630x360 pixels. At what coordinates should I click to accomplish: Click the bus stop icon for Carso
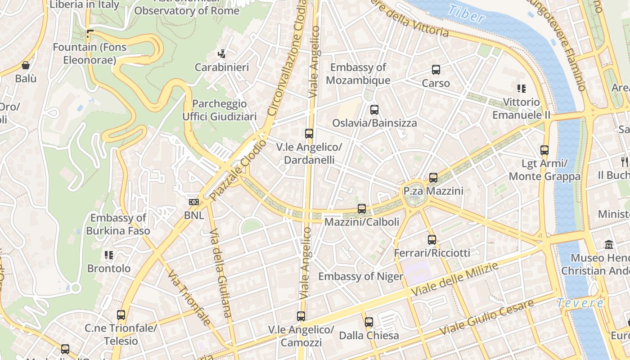[x=436, y=70]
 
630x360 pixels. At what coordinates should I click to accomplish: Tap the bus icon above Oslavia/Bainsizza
[x=374, y=109]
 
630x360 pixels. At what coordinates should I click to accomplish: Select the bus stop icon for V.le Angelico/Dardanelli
[x=309, y=134]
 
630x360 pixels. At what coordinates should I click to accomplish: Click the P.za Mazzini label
[x=433, y=191]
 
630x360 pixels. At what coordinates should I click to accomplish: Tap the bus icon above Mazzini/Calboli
[x=361, y=209]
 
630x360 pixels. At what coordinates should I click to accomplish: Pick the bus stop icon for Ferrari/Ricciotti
[x=432, y=240]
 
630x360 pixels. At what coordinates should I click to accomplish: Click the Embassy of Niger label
[x=360, y=276]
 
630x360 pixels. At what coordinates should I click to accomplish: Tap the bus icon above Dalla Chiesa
[x=369, y=322]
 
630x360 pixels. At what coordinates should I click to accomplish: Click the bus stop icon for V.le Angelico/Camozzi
[x=301, y=316]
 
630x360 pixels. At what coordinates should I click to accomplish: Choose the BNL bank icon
[x=194, y=202]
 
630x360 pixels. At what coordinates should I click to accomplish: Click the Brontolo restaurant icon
[x=108, y=255]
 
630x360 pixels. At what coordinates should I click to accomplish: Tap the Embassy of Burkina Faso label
[x=118, y=225]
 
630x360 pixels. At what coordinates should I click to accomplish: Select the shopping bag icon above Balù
[x=26, y=65]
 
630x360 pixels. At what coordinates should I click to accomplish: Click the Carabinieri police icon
[x=221, y=54]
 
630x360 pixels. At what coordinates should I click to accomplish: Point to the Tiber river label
[x=466, y=13]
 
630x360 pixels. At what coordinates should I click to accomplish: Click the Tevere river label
[x=580, y=303]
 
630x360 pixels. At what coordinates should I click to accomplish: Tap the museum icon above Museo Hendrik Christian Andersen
[x=609, y=245]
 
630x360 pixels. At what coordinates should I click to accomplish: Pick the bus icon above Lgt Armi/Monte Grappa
[x=544, y=150]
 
